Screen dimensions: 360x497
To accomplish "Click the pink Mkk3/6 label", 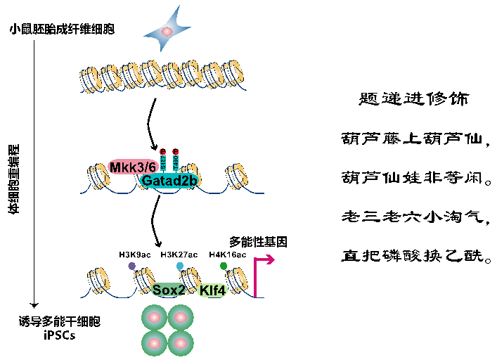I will (131, 167).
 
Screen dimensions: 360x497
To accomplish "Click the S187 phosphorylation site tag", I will (163, 162).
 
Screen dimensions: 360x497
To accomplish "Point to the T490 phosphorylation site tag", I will (176, 162).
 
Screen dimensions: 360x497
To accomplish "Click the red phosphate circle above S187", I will (163, 151).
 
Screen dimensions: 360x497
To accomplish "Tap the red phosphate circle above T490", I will (176, 151).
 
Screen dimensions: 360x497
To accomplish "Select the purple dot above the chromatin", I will (132, 266).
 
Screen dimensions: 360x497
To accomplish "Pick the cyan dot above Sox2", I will (180, 266).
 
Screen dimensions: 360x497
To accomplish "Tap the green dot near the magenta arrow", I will (224, 266).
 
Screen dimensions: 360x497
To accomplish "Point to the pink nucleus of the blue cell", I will (167, 32).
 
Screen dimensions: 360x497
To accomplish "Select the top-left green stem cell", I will (155, 318).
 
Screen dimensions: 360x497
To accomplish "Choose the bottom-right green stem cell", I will (181, 343).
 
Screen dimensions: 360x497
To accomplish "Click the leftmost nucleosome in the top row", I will (89, 80).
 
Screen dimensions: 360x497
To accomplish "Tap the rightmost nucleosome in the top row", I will (232, 73).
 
